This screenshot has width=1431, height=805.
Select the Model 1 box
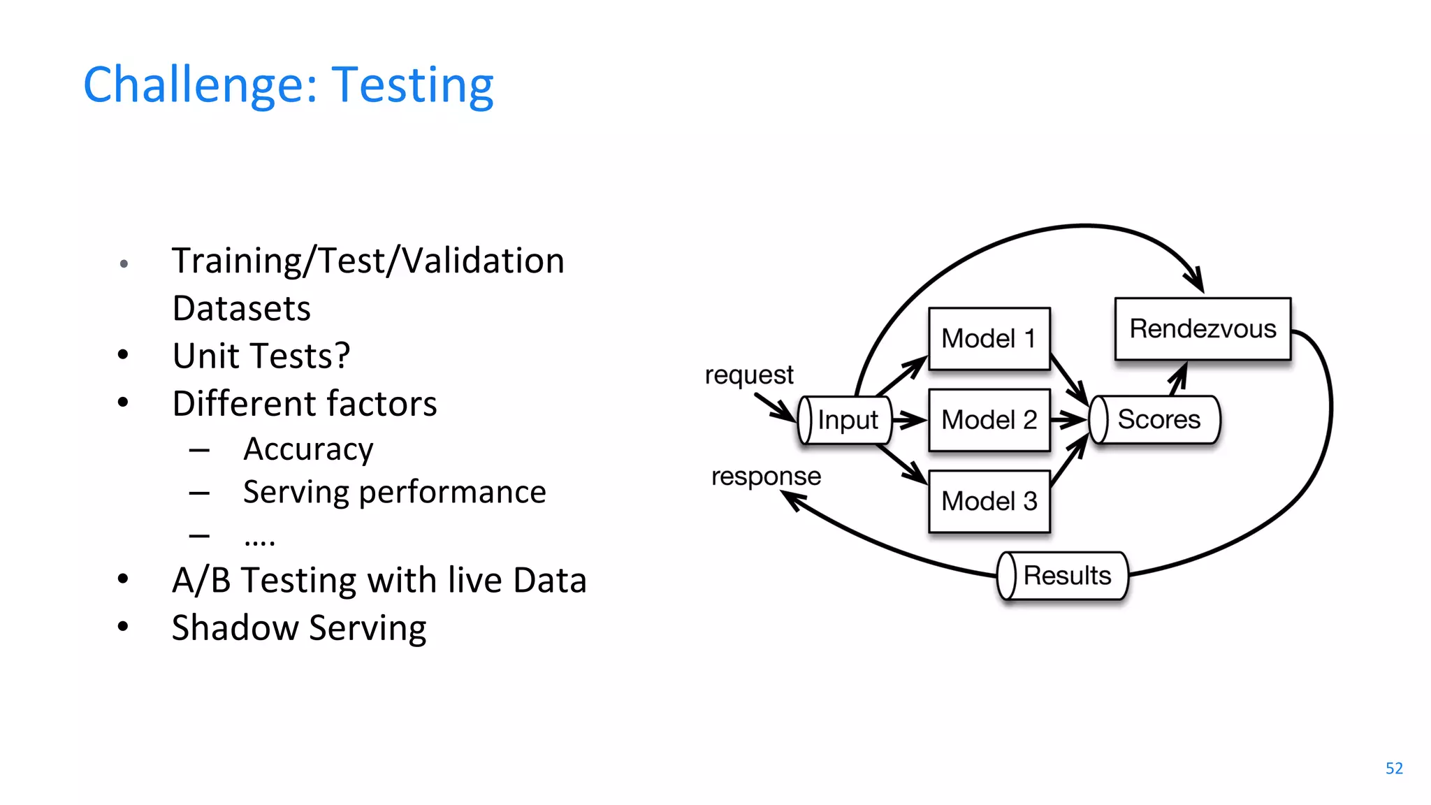(989, 339)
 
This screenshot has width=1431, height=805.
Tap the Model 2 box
(989, 420)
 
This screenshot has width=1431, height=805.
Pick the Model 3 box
(989, 501)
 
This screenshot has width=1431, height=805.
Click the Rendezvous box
(1203, 329)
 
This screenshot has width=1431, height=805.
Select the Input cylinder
(845, 420)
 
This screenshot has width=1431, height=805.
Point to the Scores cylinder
(1156, 419)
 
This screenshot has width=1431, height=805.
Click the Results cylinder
(1065, 576)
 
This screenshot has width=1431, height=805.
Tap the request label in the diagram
(749, 375)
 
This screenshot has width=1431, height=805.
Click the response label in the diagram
(766, 477)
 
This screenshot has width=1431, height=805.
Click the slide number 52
(1393, 768)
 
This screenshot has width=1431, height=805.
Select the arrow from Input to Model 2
(909, 420)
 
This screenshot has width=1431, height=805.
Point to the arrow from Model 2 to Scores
(1068, 420)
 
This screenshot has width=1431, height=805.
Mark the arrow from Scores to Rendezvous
(1178, 378)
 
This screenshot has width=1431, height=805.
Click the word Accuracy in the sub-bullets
(308, 449)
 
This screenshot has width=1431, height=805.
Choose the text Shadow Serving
(299, 628)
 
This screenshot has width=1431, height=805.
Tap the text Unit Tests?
(261, 356)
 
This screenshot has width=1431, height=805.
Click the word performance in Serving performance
(452, 492)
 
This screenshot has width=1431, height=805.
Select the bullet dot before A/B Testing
(123, 579)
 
